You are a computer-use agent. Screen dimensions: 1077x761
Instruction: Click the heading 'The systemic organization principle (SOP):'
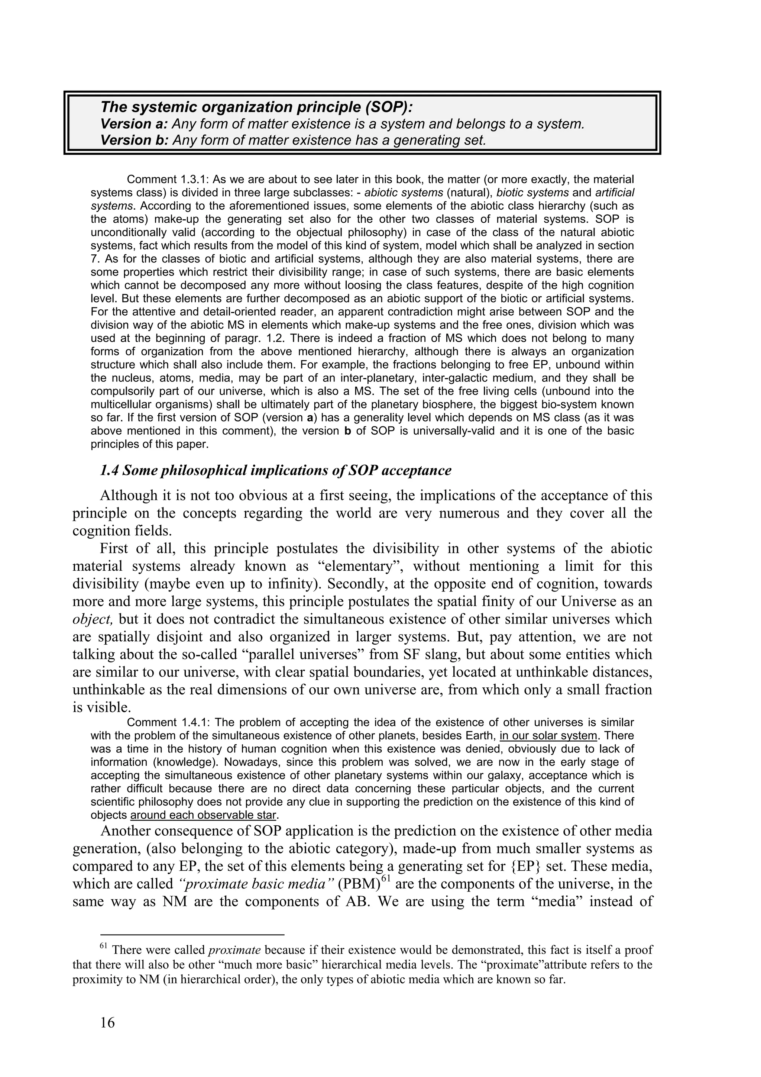[257, 107]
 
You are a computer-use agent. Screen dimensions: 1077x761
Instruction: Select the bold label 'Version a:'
[135, 124]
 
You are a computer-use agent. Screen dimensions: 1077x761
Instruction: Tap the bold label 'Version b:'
[135, 140]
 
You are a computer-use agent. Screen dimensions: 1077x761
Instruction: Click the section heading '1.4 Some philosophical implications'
[276, 471]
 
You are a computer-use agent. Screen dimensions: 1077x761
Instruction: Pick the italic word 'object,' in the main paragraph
[93, 619]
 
